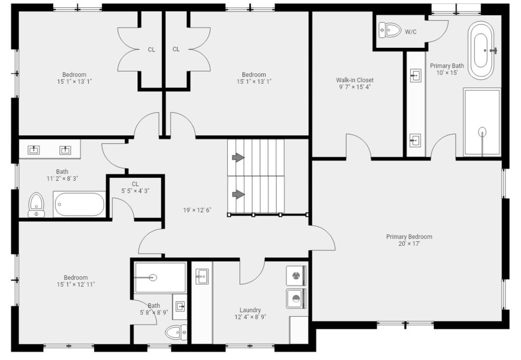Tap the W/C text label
tap(410, 32)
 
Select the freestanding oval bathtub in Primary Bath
tap(481, 50)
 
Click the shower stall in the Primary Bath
tap(482, 122)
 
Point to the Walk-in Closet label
tap(355, 80)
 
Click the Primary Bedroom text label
tap(409, 237)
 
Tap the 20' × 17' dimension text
tap(409, 244)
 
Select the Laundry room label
tap(250, 310)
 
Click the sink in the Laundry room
tap(202, 276)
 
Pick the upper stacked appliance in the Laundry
tap(296, 276)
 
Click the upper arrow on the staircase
tap(238, 157)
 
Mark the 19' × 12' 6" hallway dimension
tap(197, 210)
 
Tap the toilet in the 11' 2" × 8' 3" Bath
tap(36, 204)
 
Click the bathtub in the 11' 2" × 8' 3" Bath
tap(80, 204)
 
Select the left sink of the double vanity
tap(34, 150)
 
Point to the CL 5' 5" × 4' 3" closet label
tap(135, 187)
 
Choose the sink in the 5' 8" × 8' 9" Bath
tap(180, 307)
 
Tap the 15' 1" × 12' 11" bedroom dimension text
tap(76, 284)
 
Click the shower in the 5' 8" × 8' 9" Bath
tap(160, 278)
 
